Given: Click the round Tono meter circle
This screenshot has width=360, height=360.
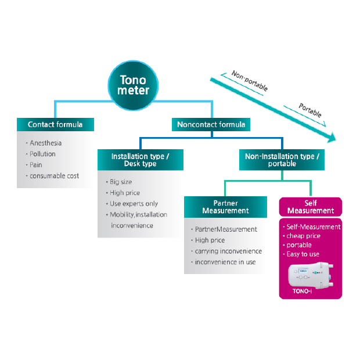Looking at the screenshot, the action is pyautogui.click(x=133, y=85).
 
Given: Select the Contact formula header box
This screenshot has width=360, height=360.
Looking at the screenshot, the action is pyautogui.click(x=55, y=124).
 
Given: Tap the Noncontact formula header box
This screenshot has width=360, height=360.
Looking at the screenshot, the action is pyautogui.click(x=211, y=124).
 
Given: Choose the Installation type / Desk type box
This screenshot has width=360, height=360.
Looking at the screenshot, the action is pyautogui.click(x=141, y=160).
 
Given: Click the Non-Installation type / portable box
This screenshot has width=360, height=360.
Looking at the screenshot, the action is pyautogui.click(x=282, y=160).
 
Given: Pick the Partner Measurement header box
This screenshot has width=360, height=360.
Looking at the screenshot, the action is pyautogui.click(x=225, y=207).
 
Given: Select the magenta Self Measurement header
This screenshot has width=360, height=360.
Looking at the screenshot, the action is pyautogui.click(x=311, y=207).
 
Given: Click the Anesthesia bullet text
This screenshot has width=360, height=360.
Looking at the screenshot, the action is pyautogui.click(x=45, y=143).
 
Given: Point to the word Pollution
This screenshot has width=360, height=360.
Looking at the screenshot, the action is pyautogui.click(x=42, y=154).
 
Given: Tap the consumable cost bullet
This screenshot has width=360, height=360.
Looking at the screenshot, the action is pyautogui.click(x=54, y=176).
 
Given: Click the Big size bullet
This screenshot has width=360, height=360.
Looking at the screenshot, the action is pyautogui.click(x=121, y=182).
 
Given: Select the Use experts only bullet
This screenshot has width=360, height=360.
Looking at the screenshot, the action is pyautogui.click(x=134, y=204).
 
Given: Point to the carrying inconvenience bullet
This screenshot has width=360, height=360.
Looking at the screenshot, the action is pyautogui.click(x=228, y=251).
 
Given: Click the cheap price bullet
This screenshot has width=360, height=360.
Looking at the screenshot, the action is pyautogui.click(x=303, y=236).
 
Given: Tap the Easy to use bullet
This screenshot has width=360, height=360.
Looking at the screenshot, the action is pyautogui.click(x=303, y=254).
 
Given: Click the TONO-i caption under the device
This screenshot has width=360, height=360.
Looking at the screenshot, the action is pyautogui.click(x=302, y=291).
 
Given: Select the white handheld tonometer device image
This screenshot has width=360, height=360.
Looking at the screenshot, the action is pyautogui.click(x=311, y=275).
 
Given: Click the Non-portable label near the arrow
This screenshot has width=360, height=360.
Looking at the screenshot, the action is pyautogui.click(x=250, y=81).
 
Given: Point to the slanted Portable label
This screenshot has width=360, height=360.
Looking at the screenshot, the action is pyautogui.click(x=309, y=110).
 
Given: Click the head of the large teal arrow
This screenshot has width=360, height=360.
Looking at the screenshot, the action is pyautogui.click(x=332, y=138).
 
